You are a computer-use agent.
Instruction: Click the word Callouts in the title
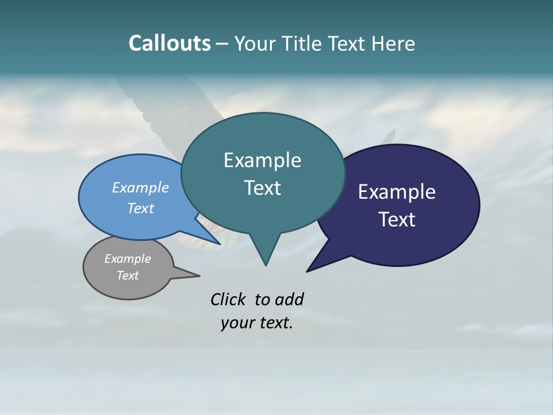pos(169,43)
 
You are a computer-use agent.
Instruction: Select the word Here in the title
pos(392,43)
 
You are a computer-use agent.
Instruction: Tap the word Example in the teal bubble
pos(262,160)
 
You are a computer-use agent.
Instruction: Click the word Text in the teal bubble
pos(262,188)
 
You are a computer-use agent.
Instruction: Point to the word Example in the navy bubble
pos(397,192)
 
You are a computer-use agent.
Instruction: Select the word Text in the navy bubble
pos(397,220)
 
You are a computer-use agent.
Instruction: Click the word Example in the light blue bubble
pos(140,188)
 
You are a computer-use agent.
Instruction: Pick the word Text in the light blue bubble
pos(140,208)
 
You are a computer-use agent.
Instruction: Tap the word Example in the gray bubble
pos(127,259)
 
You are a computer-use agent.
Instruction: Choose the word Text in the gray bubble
pos(127,276)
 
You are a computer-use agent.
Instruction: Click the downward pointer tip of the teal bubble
pos(266,264)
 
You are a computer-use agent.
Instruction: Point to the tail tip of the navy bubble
pos(308,270)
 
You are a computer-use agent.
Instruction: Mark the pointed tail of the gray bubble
pos(198,276)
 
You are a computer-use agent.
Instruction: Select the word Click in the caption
pos(229,299)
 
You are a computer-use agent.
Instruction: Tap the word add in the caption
pos(289,299)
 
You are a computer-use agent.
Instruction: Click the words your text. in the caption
pos(257,323)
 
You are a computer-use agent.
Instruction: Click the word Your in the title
pos(254,43)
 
